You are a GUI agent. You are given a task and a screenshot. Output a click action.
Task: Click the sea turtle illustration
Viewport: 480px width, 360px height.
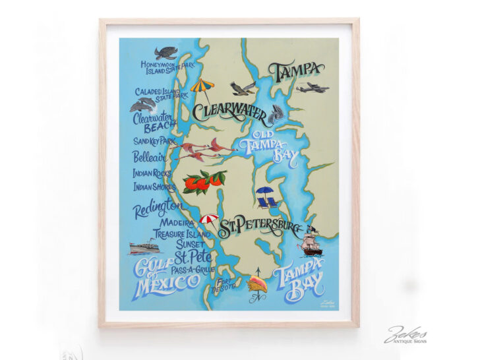click(165, 53)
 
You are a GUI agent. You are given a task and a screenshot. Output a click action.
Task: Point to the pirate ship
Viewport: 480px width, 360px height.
click(310, 242)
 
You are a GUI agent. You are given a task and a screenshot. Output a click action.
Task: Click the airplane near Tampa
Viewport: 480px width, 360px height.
click(312, 88)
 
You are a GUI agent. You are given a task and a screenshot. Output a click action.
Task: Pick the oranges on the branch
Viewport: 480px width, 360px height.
click(204, 181)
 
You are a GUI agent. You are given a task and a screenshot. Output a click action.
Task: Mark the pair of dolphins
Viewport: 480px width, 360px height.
click(143, 104)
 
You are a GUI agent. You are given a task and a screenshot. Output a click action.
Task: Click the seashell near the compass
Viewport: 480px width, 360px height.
click(257, 284)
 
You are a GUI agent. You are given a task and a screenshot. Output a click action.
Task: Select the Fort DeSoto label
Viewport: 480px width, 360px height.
click(225, 287)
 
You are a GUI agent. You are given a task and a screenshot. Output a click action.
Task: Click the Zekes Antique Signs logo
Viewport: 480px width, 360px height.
click(405, 334)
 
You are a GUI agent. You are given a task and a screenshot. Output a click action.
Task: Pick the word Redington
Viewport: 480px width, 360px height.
click(157, 209)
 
